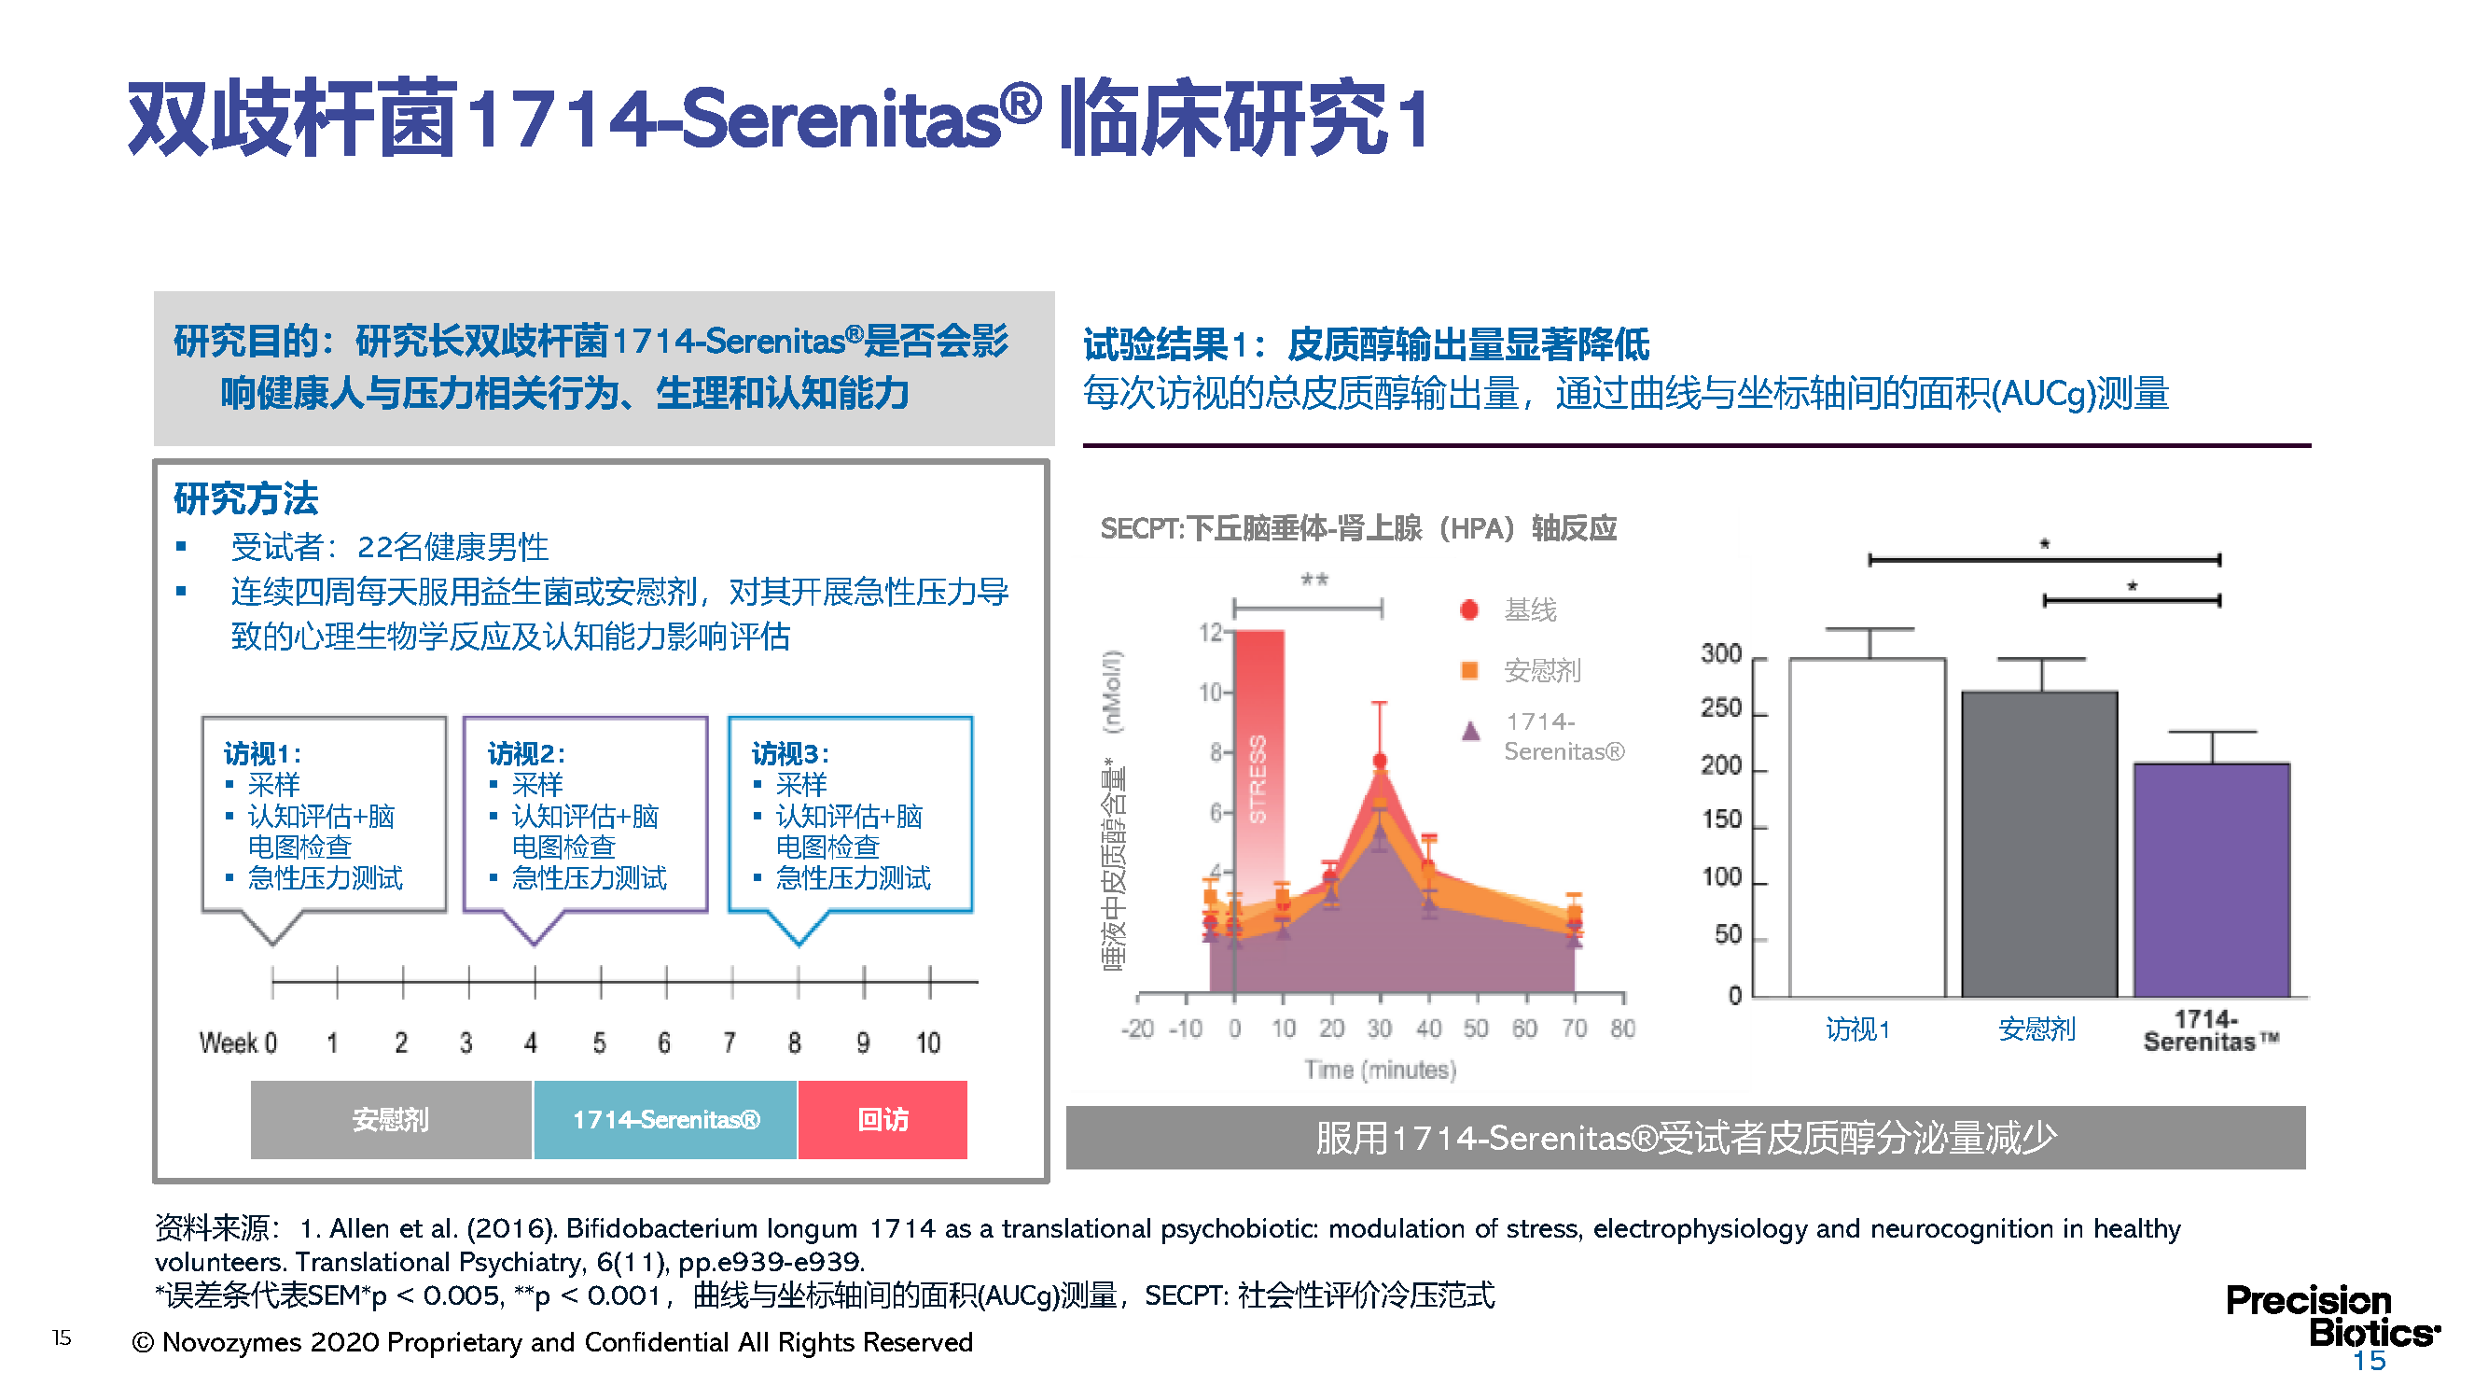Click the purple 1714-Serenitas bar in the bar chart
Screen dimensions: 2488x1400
pyautogui.click(x=2211, y=879)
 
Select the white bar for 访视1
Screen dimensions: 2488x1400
pyautogui.click(x=1867, y=827)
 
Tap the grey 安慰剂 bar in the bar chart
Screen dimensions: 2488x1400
pyautogui.click(x=2039, y=844)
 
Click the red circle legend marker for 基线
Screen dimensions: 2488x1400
pyautogui.click(x=1469, y=609)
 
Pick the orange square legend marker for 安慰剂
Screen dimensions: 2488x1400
pyautogui.click(x=1469, y=669)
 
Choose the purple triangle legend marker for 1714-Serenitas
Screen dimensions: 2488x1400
pyautogui.click(x=1470, y=731)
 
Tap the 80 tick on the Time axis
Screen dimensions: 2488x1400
pyautogui.click(x=1622, y=1028)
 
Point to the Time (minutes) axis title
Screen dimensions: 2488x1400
pyautogui.click(x=1380, y=1070)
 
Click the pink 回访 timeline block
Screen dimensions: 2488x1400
pyautogui.click(x=883, y=1119)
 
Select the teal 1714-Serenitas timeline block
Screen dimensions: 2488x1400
pyautogui.click(x=665, y=1119)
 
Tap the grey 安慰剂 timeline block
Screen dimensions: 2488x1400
pyautogui.click(x=391, y=1119)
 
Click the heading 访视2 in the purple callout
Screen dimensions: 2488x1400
pyautogui.click(x=525, y=752)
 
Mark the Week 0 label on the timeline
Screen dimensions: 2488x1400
pyautogui.click(x=238, y=1043)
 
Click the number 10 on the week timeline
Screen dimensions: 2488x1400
pyautogui.click(x=928, y=1043)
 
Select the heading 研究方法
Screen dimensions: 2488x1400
pyautogui.click(x=246, y=498)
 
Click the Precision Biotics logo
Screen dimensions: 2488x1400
pyautogui.click(x=2331, y=1316)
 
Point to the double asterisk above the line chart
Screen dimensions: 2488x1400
pyautogui.click(x=1314, y=580)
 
